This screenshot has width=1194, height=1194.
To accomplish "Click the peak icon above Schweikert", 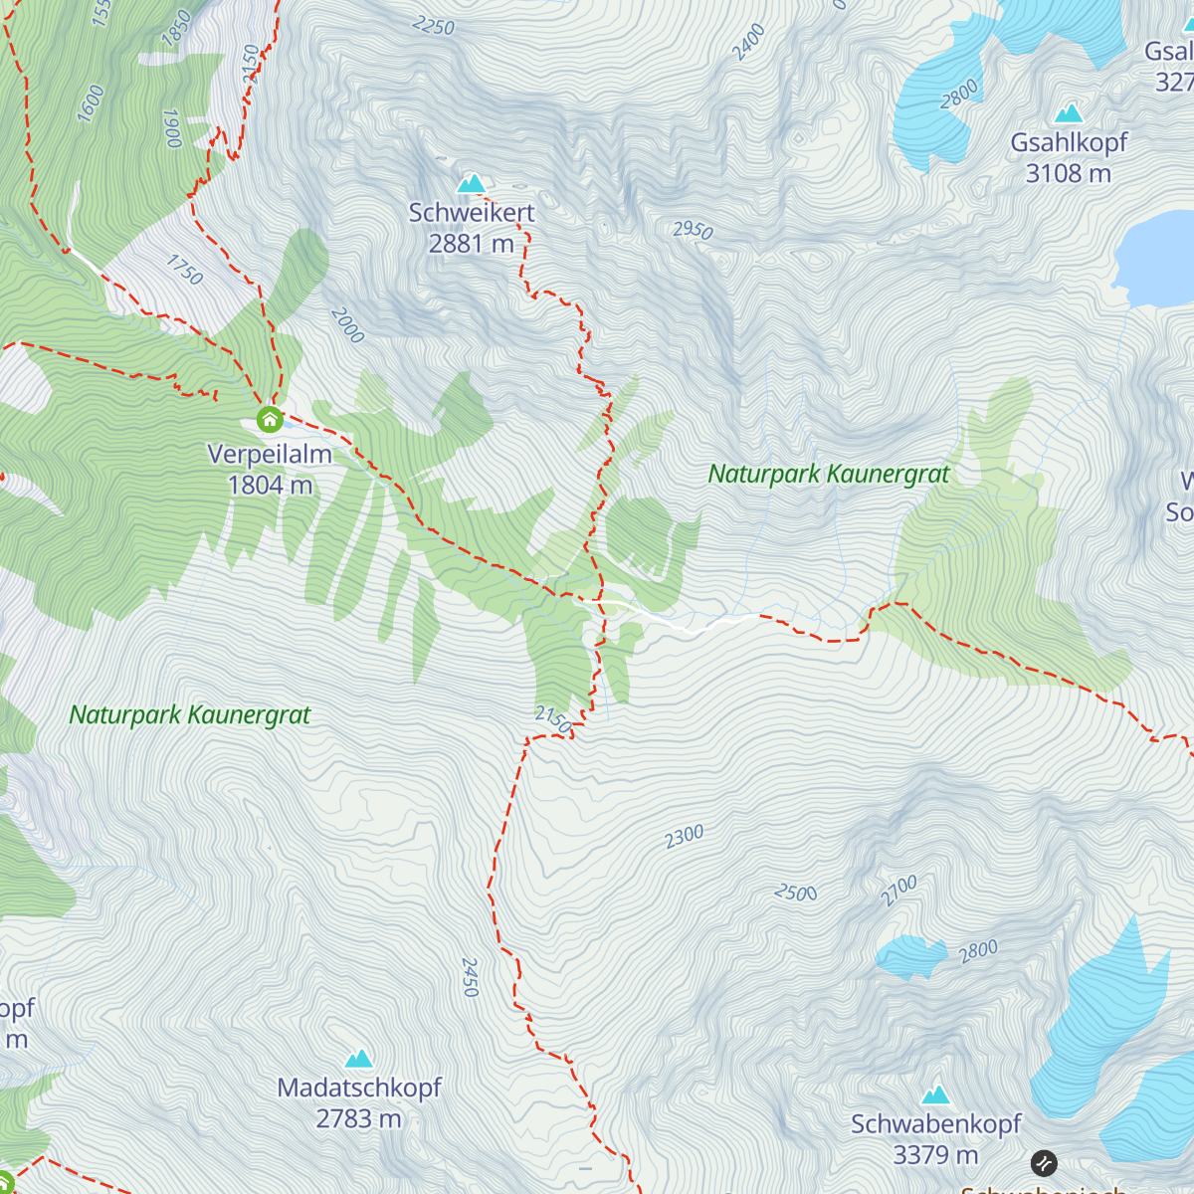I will coord(471,184).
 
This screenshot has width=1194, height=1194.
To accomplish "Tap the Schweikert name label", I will coord(472,213).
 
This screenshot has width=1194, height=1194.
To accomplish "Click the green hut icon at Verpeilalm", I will coord(270,420).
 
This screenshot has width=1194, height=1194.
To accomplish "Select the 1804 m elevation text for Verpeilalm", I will coord(270,486).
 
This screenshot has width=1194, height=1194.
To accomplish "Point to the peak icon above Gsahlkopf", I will coord(1069,112).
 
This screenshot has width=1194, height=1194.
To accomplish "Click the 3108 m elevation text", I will coord(1069,174).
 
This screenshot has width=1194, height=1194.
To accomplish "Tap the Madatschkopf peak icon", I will coord(358,1059).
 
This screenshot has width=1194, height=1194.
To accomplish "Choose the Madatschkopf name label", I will coord(359,1089).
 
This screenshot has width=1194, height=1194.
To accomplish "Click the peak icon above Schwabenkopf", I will coord(935,1095).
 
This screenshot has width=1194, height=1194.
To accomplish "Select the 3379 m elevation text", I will coord(935,1155).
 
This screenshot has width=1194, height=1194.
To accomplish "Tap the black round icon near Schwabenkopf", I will coord(1044,1162).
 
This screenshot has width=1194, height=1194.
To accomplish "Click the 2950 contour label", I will coord(693,230).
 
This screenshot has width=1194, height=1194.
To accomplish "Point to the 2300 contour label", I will coord(685,837).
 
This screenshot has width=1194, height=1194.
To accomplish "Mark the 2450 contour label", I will coord(470,977).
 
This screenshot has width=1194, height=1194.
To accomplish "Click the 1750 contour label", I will coord(184,270).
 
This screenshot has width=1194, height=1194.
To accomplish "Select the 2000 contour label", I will coord(347,325).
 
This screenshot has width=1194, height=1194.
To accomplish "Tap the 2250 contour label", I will coord(433,26).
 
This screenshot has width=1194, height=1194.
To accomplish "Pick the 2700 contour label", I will coord(898,891).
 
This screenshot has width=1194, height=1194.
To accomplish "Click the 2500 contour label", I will coord(796,893).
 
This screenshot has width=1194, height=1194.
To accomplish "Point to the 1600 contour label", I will coord(91,103).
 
